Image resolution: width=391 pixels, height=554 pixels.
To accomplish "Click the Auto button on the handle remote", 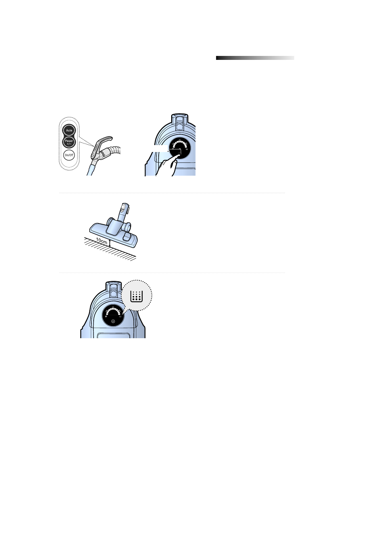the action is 69,130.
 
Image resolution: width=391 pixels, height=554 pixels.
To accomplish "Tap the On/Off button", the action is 69,155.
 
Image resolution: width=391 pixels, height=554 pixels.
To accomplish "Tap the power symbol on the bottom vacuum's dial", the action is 113,321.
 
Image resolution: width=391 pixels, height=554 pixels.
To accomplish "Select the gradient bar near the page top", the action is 255,58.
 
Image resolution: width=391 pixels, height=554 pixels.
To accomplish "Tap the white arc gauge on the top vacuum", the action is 179,143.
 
